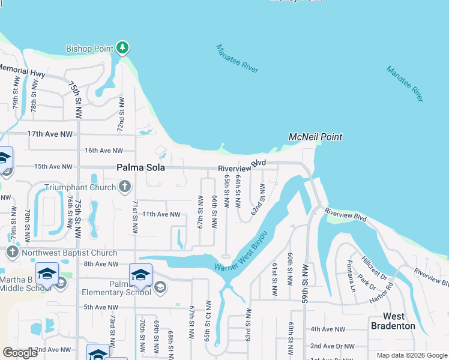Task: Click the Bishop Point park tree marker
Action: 123,47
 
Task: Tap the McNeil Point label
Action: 315,137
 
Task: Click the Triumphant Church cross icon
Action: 125,187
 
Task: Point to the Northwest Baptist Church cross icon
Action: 12,252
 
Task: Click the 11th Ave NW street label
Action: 161,214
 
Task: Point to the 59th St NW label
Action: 306,282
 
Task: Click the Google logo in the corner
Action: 20,353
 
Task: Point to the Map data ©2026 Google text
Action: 411,355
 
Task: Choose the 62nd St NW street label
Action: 258,199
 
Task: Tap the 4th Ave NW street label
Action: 328,329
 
